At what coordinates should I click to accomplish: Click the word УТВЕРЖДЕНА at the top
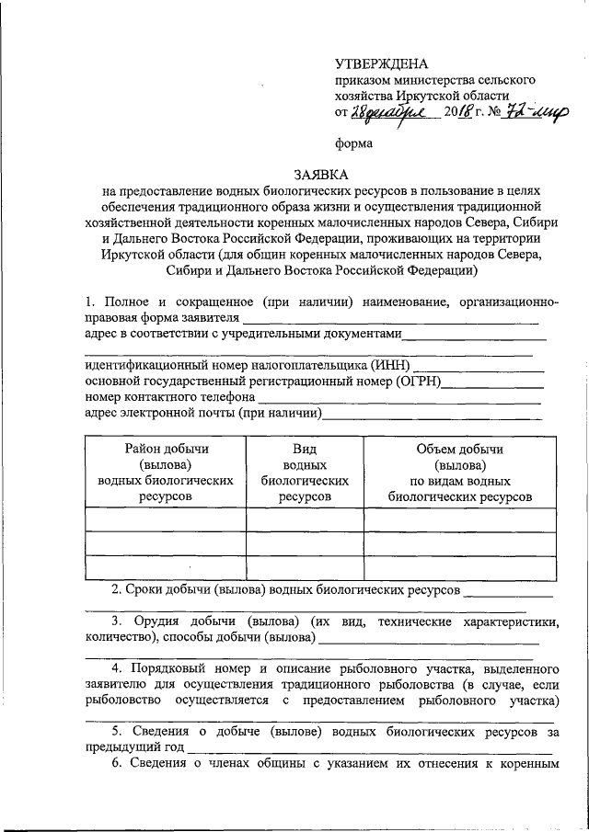point(381,64)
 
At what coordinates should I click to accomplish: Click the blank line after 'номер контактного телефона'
point(400,398)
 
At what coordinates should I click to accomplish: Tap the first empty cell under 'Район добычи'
point(167,520)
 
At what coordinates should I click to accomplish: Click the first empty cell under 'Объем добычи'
point(459,520)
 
